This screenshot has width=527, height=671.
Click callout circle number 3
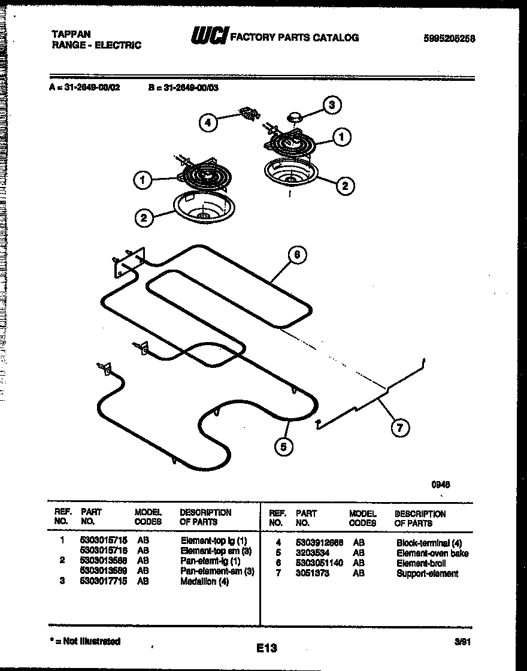coord(332,105)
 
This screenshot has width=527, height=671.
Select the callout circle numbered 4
coord(207,123)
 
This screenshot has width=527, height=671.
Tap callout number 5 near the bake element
coord(284,446)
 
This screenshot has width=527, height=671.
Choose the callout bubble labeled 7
coord(400,428)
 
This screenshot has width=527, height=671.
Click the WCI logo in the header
coord(208,38)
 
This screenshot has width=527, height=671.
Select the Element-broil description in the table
coord(421,563)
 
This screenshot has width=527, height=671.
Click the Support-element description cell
coord(427,573)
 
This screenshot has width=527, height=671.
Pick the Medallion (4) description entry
coord(205,581)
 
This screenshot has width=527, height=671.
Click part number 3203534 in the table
coord(312,553)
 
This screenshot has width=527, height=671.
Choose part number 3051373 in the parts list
coord(312,573)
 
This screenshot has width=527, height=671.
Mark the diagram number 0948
coord(441,485)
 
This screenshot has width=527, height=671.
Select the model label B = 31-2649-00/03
coord(183,86)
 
